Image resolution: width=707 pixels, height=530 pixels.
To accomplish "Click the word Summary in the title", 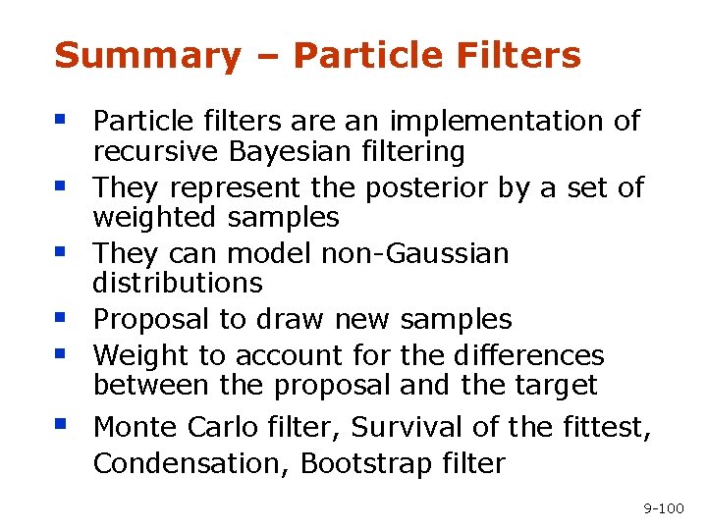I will point(147,56).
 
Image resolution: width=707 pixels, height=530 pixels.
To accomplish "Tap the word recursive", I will point(157,152).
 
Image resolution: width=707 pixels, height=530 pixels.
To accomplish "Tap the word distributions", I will point(178,284).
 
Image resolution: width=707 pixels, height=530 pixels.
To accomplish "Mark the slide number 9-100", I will point(663,508).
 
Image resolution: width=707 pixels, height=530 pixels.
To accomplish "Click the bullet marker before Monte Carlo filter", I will point(61,424).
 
